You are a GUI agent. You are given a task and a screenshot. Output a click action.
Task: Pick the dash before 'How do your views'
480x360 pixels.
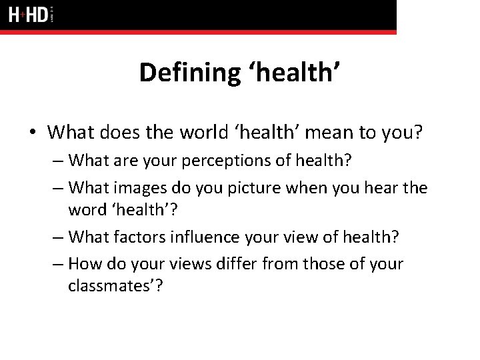[59, 265]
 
